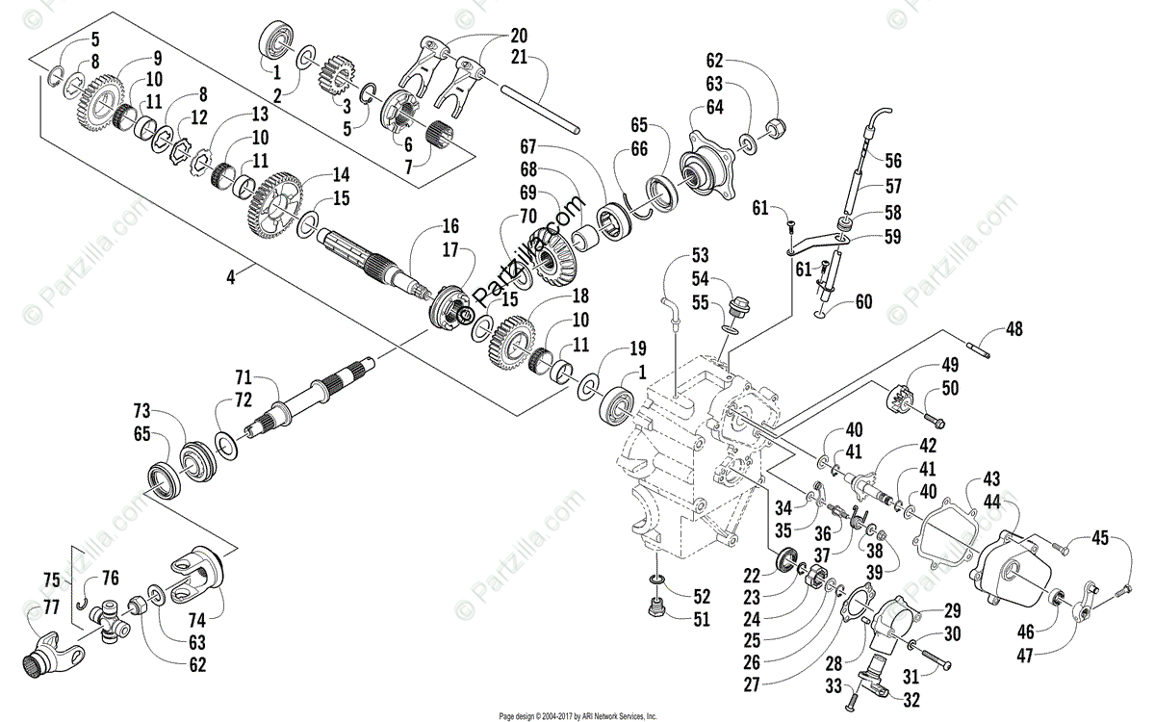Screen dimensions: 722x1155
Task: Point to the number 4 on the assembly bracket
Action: tap(230, 277)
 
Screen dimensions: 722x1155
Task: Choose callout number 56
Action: tap(894, 161)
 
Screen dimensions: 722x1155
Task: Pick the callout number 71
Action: tap(243, 374)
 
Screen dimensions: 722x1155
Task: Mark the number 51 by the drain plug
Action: tap(701, 620)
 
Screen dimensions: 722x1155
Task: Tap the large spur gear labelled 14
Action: tap(279, 198)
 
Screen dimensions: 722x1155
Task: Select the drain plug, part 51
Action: tap(656, 611)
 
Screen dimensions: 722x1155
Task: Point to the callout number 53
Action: tap(700, 255)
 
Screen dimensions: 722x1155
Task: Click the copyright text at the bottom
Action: tap(577, 716)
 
